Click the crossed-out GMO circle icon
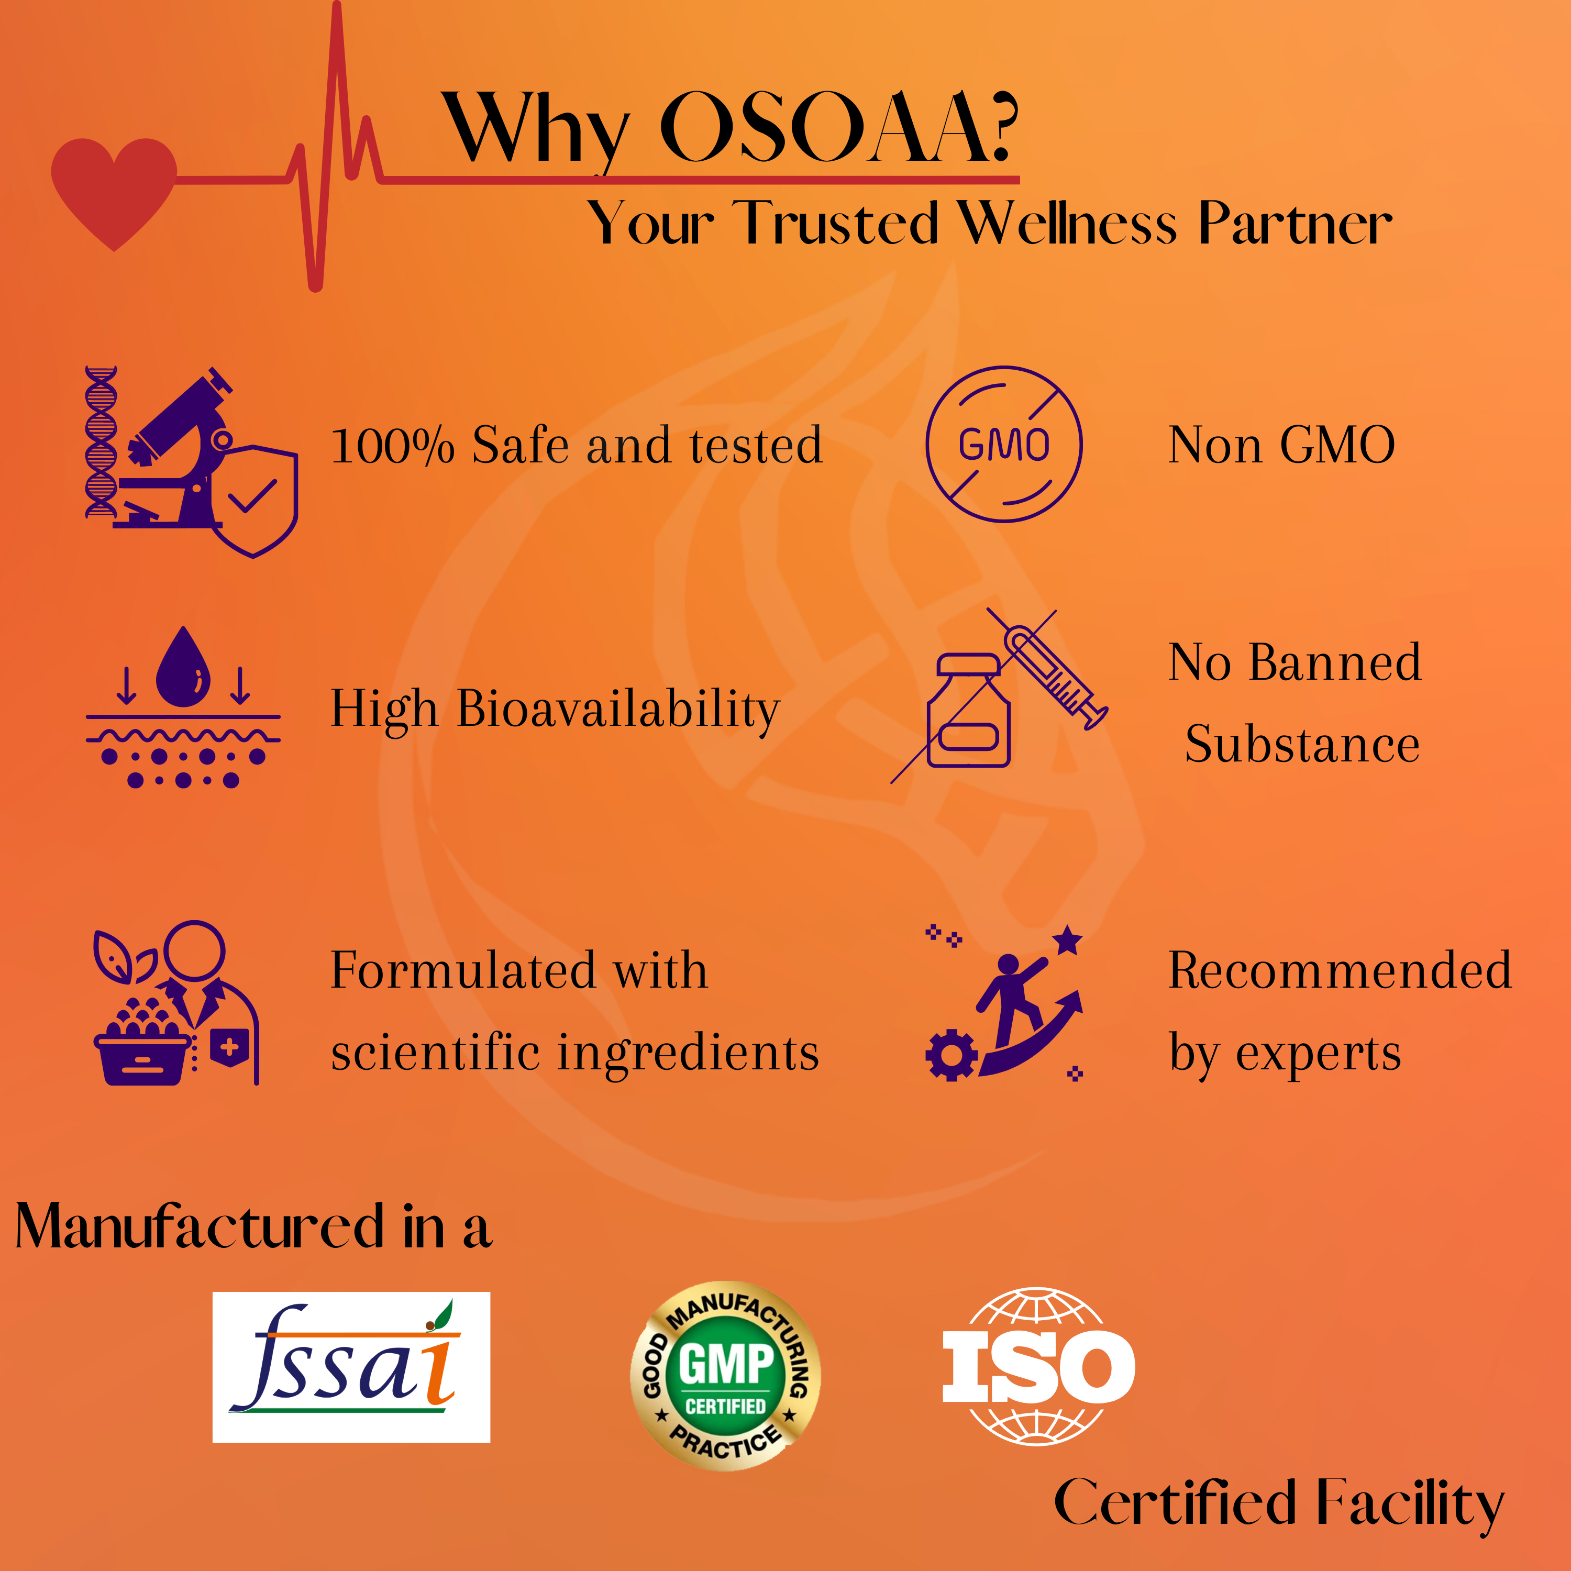(x=1004, y=444)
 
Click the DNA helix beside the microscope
(x=101, y=441)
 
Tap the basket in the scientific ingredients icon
(x=142, y=1058)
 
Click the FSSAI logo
(x=351, y=1368)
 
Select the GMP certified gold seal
(x=725, y=1376)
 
